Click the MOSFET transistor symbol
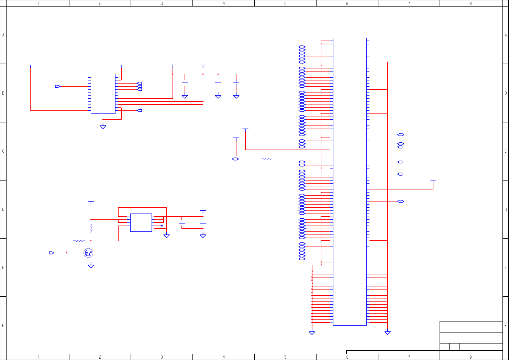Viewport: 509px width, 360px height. [x=89, y=253]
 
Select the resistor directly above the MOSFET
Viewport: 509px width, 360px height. [x=91, y=228]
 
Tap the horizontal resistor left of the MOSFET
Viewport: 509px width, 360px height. [x=79, y=241]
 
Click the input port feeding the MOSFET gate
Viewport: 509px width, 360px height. [x=52, y=253]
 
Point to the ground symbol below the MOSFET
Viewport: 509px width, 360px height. [x=91, y=266]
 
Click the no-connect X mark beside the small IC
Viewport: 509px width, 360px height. [x=162, y=226]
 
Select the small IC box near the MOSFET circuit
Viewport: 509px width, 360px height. [x=141, y=222]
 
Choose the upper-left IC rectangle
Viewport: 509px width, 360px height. [x=103, y=94]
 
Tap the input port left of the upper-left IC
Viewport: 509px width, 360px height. [x=57, y=86]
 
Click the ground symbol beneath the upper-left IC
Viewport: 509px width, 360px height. [x=103, y=127]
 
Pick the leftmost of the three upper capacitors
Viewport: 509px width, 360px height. [x=185, y=83]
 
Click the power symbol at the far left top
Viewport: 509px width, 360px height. [x=30, y=65]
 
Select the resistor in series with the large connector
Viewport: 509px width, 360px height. [x=266, y=159]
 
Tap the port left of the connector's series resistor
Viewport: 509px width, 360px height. [x=235, y=159]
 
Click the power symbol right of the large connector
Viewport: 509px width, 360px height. [x=433, y=181]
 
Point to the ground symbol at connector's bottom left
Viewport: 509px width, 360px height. [x=312, y=333]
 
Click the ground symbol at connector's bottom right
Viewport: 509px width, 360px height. [x=387, y=333]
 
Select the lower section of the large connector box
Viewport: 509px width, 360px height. [x=350, y=296]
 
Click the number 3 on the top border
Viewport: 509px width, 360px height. [x=162, y=3]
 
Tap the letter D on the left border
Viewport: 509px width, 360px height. [x=3, y=209]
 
